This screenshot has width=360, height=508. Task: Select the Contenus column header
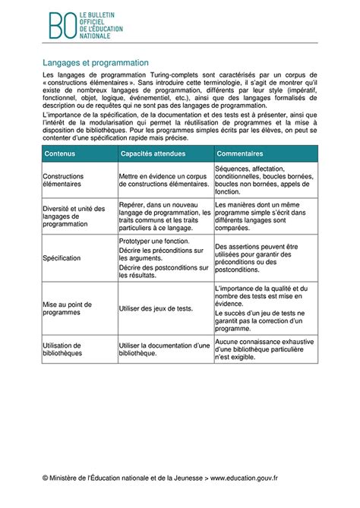click(x=60, y=153)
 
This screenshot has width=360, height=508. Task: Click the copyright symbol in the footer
click(x=46, y=478)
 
